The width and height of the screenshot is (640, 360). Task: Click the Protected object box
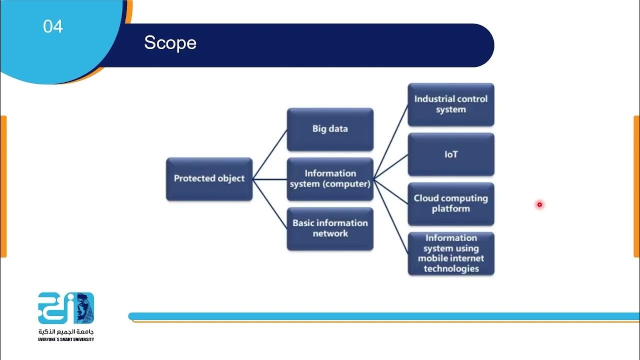(209, 179)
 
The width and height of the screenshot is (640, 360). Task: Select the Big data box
(330, 129)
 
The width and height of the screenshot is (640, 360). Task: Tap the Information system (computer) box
(330, 179)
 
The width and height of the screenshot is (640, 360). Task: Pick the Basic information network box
(330, 228)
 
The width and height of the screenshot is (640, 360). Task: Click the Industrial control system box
(450, 104)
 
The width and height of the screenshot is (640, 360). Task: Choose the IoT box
(450, 154)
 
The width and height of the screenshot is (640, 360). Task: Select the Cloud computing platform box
(450, 203)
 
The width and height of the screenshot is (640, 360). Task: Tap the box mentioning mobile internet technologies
(450, 253)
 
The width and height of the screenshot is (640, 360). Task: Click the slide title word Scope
(170, 43)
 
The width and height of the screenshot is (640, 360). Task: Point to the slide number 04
(53, 26)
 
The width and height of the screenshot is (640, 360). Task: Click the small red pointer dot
(539, 204)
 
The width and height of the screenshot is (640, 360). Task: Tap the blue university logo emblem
(66, 308)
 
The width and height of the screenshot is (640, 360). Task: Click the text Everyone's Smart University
(66, 340)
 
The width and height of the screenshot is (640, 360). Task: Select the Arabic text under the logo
(66, 332)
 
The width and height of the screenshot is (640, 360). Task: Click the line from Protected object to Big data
(270, 154)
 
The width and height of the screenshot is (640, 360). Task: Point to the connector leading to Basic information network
(270, 204)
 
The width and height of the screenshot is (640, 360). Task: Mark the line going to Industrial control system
(391, 141)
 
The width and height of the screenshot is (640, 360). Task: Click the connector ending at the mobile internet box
(391, 216)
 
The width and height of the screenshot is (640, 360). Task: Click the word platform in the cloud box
(450, 209)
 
